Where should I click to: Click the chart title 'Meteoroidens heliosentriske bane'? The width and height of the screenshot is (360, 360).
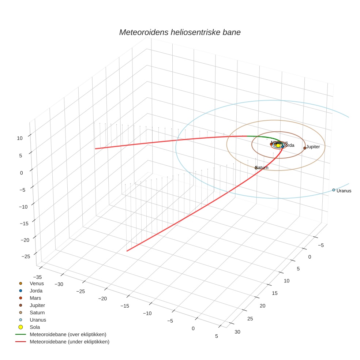pyautogui.click(x=180, y=32)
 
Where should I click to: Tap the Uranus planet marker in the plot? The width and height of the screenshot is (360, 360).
pyautogui.click(x=333, y=190)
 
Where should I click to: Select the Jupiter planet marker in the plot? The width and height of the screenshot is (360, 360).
pyautogui.click(x=305, y=148)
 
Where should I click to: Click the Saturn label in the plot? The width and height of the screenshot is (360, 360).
pyautogui.click(x=262, y=168)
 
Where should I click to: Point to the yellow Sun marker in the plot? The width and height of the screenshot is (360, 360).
pyautogui.click(x=278, y=146)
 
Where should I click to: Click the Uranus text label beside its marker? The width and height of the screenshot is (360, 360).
pyautogui.click(x=344, y=191)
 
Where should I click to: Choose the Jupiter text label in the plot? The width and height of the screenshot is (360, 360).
pyautogui.click(x=313, y=147)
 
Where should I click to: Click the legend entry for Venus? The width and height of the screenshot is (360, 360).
pyautogui.click(x=37, y=284)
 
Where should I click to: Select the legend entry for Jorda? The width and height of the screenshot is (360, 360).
pyautogui.click(x=36, y=291)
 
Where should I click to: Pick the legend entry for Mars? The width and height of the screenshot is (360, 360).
pyautogui.click(x=35, y=298)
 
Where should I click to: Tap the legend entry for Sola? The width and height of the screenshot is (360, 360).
pyautogui.click(x=35, y=327)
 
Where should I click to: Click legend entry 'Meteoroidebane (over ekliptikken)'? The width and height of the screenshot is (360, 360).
pyautogui.click(x=68, y=334)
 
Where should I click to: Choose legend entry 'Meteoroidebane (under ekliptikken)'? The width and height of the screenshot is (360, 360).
pyautogui.click(x=70, y=342)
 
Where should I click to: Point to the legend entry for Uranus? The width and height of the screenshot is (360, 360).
pyautogui.click(x=38, y=320)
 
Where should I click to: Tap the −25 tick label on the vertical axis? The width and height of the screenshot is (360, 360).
pyautogui.click(x=26, y=256)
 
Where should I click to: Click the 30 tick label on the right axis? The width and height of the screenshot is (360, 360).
pyautogui.click(x=237, y=332)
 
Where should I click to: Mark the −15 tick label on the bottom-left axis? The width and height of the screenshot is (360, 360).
pyautogui.click(x=125, y=306)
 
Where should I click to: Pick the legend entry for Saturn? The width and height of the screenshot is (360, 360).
pyautogui.click(x=37, y=312)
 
